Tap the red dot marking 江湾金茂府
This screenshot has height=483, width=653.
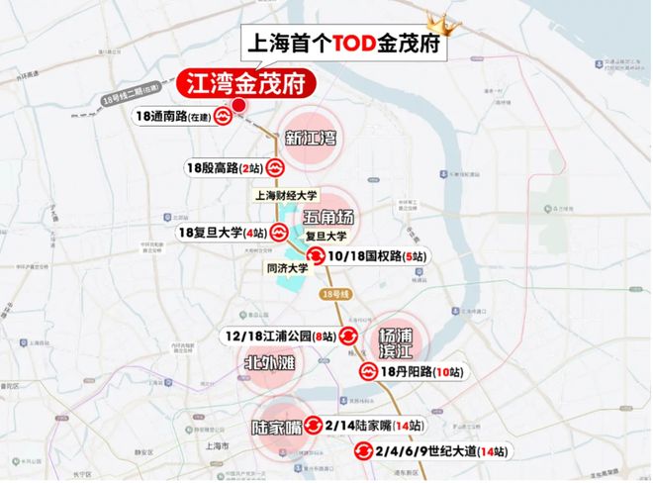pos(237,105)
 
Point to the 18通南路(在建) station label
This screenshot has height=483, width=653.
pos(173,117)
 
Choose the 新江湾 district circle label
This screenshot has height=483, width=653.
pos(311,139)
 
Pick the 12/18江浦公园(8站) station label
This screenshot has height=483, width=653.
pos(281,338)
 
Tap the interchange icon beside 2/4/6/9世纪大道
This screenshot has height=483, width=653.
pos(363,451)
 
